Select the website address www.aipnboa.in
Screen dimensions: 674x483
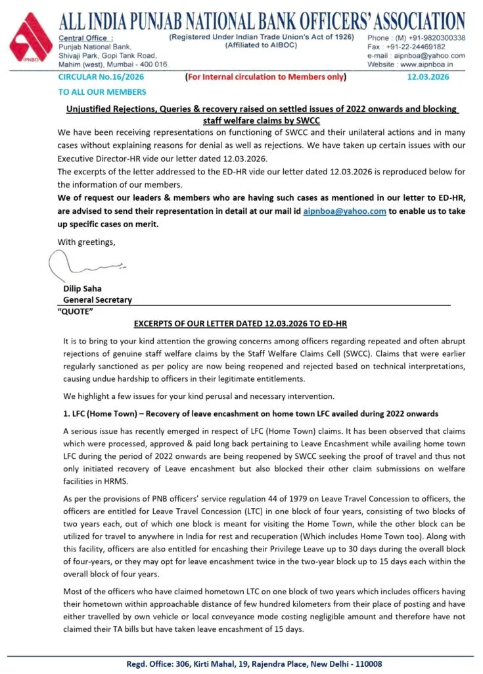[432, 65]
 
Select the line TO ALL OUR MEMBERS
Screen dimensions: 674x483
[93, 92]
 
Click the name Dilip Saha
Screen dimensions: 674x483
[83, 288]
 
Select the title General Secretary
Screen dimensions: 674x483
[97, 299]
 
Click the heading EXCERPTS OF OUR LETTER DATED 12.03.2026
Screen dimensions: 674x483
[241, 324]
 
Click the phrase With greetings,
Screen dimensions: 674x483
[85, 242]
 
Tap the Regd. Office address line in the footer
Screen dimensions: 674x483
[254, 664]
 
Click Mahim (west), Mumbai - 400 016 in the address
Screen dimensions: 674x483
[113, 64]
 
